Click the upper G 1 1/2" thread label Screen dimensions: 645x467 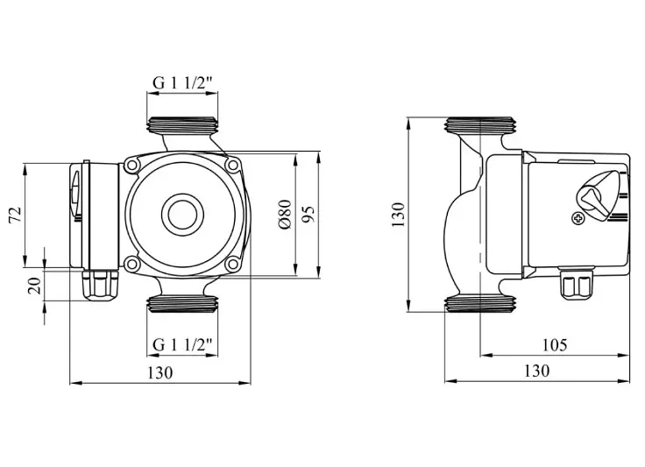click(x=182, y=83)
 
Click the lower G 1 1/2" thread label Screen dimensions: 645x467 click(x=182, y=344)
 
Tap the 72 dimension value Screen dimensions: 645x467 click(x=15, y=215)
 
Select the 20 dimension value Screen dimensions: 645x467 click(x=36, y=286)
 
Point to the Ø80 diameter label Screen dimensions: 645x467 click(x=285, y=215)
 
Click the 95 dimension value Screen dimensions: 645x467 click(x=308, y=214)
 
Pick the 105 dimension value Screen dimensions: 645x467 click(x=555, y=345)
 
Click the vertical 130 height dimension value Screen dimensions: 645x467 click(x=398, y=215)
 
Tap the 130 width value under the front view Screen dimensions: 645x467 click(x=160, y=373)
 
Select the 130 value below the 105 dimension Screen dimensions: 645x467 click(x=537, y=371)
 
